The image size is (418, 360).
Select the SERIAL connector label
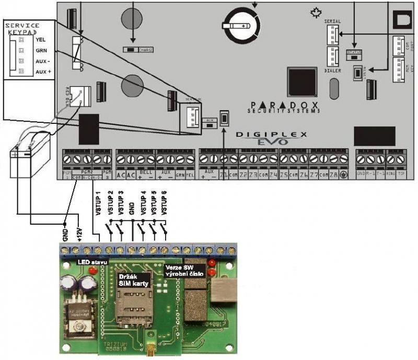coord(332,21)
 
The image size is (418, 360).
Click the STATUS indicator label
coord(354,52)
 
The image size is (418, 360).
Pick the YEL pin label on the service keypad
coord(41,39)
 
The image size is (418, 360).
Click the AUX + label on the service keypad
coord(43,71)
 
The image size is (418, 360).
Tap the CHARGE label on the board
coord(145,50)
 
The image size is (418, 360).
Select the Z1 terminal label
coord(225,175)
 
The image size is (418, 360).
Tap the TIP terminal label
coord(401,174)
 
